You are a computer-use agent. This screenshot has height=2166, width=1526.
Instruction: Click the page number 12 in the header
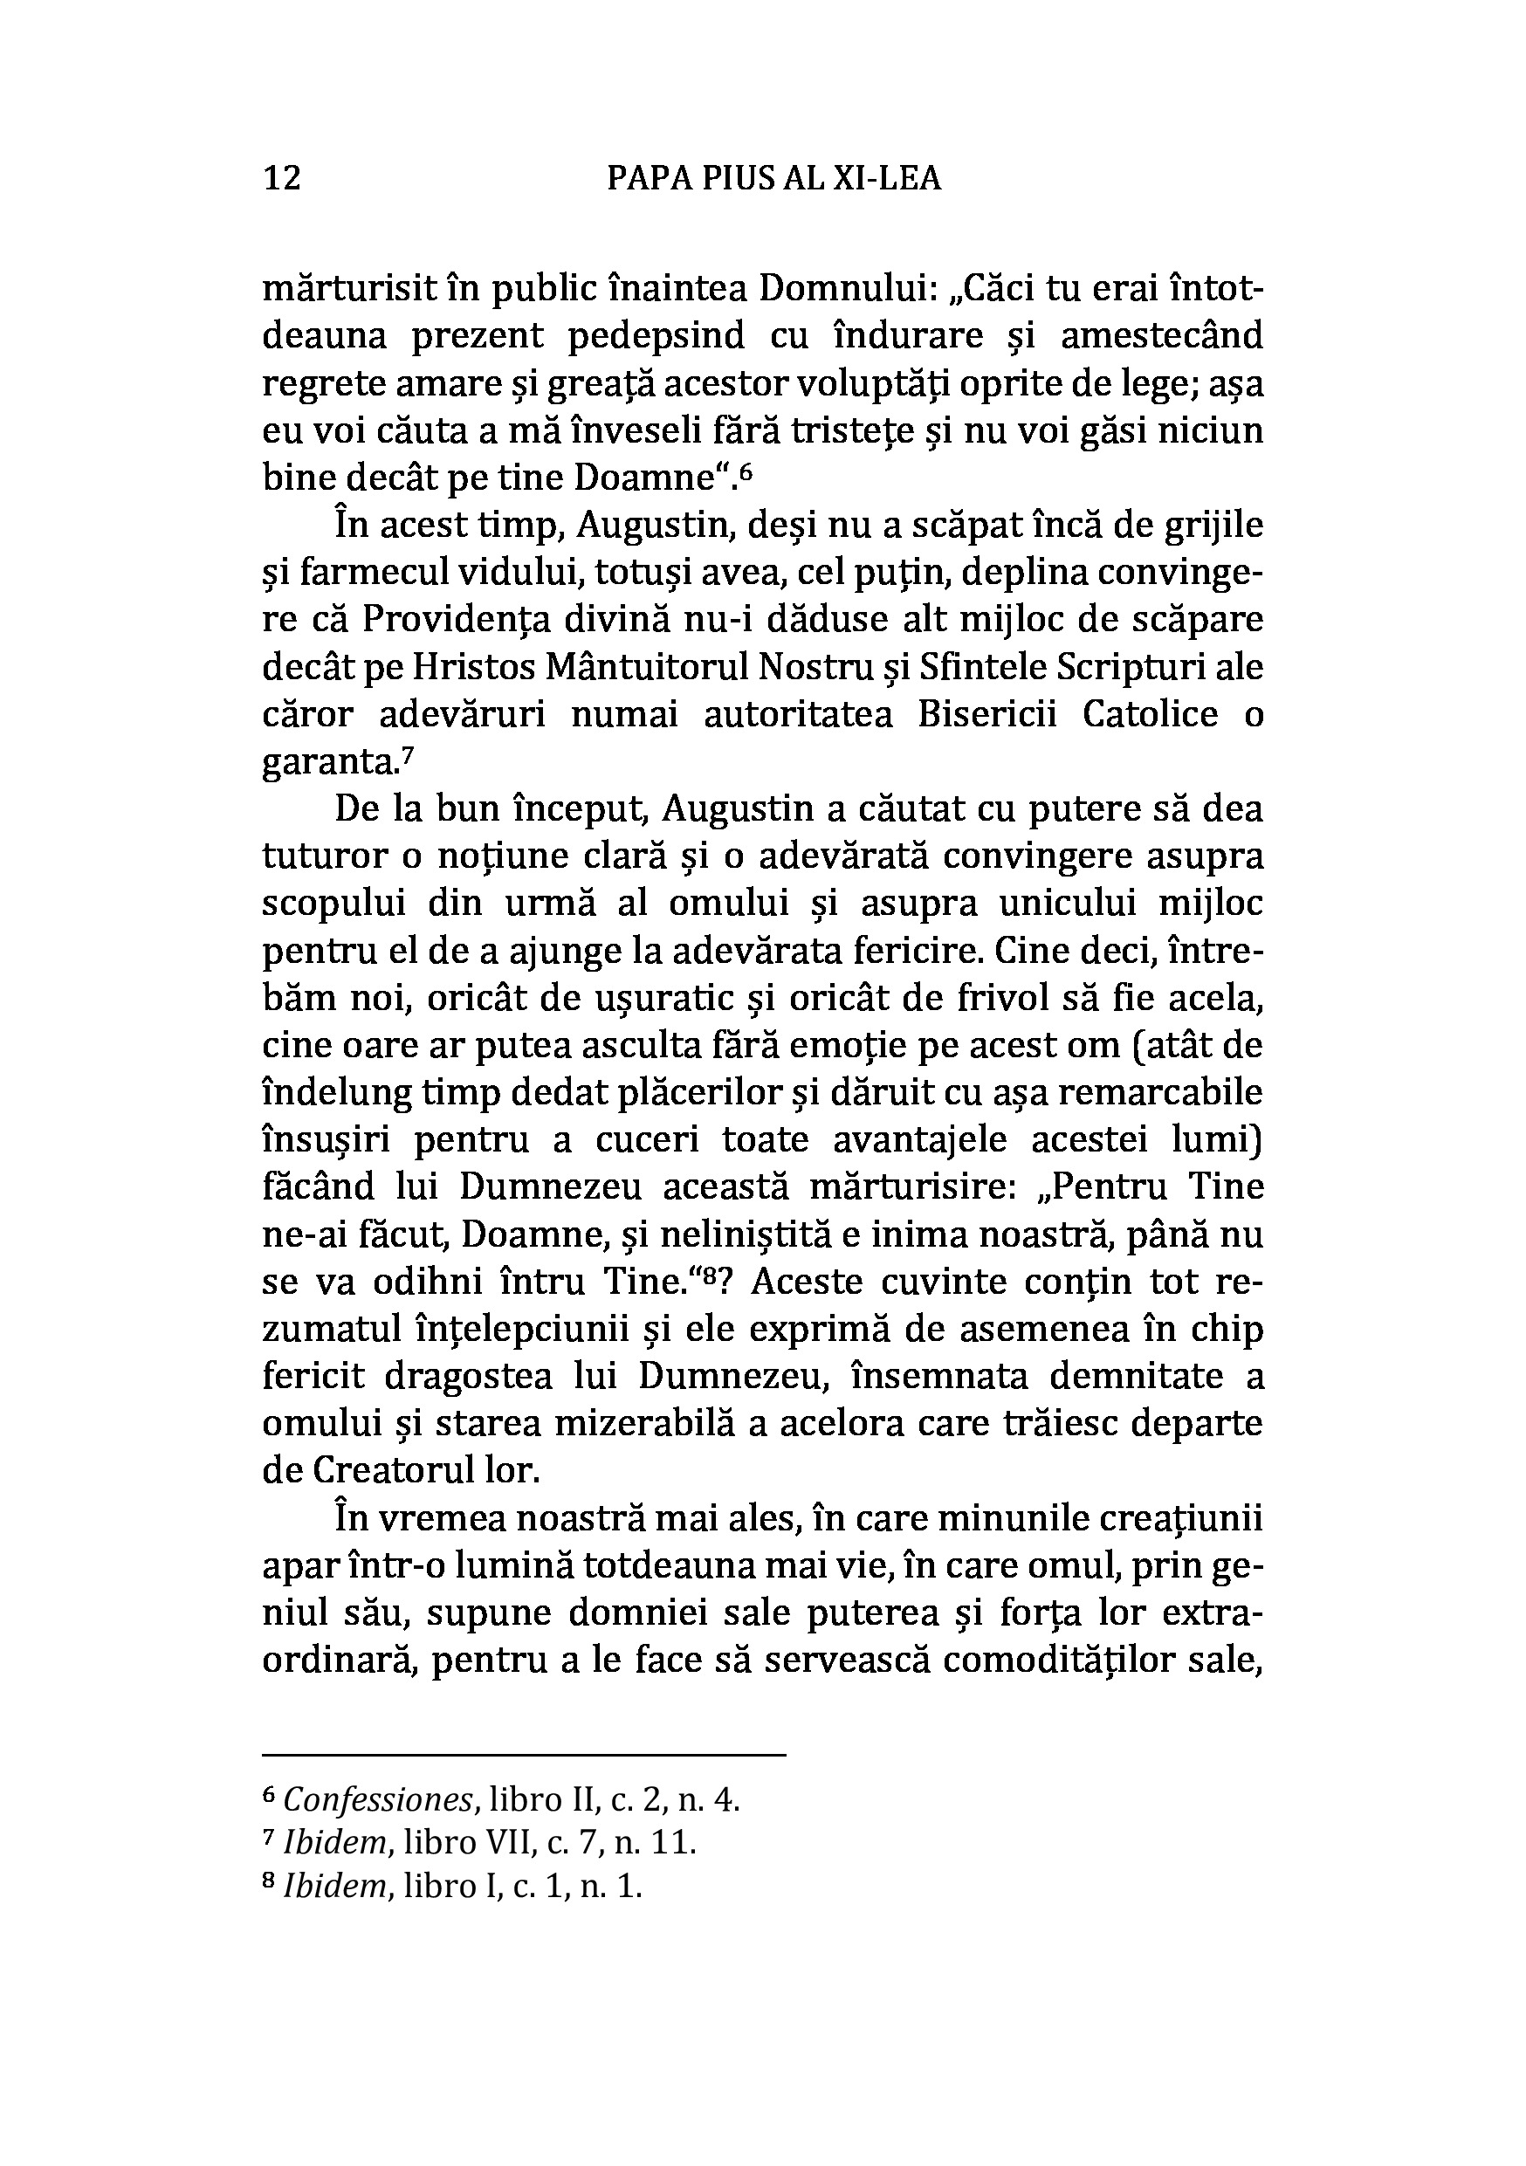(282, 177)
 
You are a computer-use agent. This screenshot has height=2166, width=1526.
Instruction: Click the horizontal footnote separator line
(524, 1756)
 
